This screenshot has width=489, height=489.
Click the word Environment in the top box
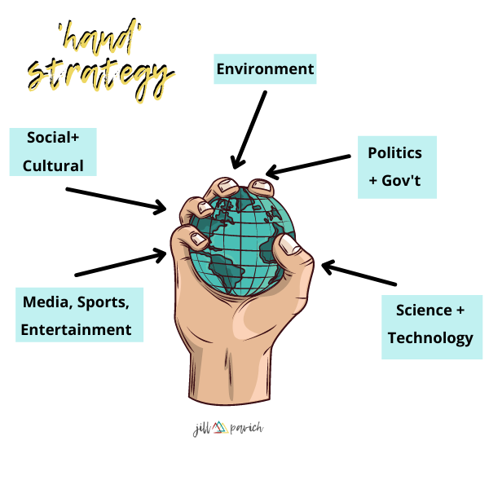pyautogui.click(x=265, y=69)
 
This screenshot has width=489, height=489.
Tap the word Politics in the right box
pyautogui.click(x=395, y=153)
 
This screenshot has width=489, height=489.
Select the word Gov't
pyautogui.click(x=407, y=180)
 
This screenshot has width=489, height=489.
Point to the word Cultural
pyautogui.click(x=53, y=165)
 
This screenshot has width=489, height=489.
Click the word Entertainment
pyautogui.click(x=76, y=330)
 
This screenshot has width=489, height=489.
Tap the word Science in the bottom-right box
pyautogui.click(x=424, y=310)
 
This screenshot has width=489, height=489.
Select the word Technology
pyautogui.click(x=430, y=337)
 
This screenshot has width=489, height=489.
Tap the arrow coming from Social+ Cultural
pyautogui.click(x=115, y=200)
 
